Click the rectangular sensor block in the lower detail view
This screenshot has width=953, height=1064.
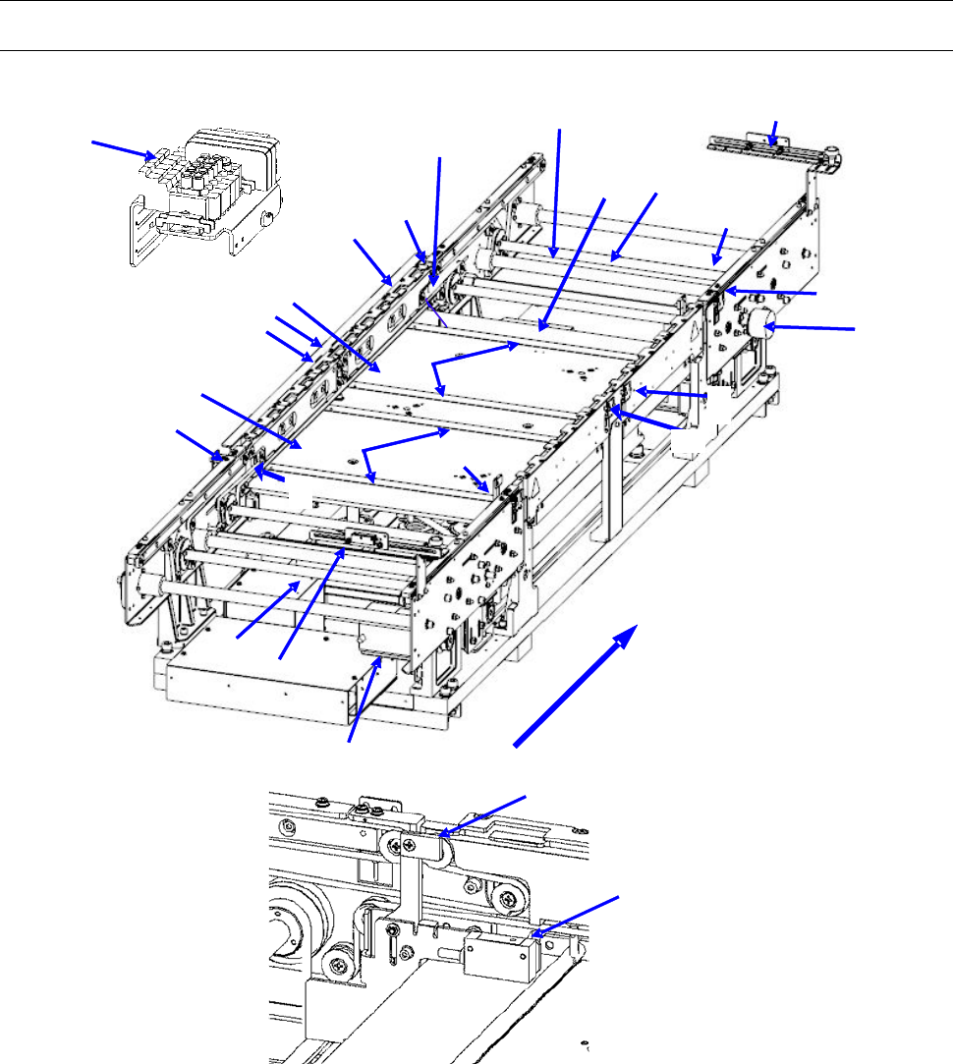(501, 953)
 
